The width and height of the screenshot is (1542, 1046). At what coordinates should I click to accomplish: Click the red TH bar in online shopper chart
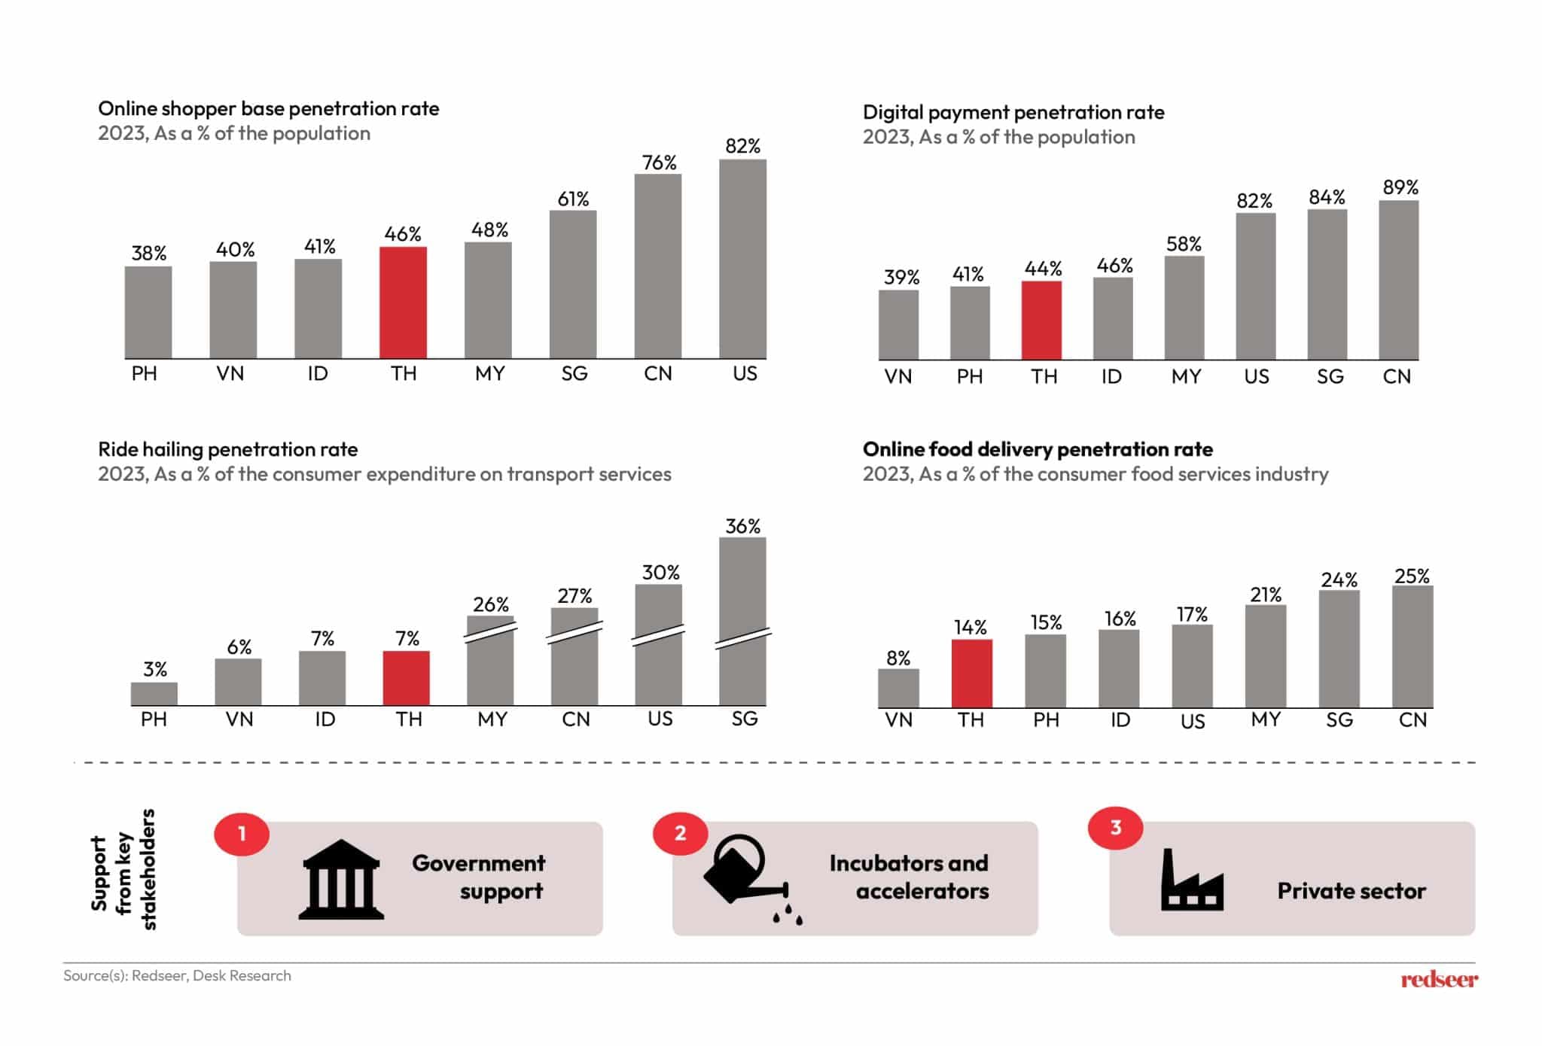coord(403,303)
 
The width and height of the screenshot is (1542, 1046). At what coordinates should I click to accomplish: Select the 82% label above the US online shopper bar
coord(742,146)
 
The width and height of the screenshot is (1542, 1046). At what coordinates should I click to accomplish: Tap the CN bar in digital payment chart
coord(1398,280)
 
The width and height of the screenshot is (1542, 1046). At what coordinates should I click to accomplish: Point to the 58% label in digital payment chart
coord(1184,244)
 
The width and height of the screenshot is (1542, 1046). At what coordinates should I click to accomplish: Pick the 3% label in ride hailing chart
coord(155,669)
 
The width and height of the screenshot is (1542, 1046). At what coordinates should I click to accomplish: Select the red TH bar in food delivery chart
coord(971,674)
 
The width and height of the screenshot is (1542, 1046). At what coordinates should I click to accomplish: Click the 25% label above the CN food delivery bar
coord(1411,576)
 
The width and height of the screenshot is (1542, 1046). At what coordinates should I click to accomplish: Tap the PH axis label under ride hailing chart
coord(154,719)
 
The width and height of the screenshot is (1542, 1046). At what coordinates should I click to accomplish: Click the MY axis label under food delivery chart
coord(1266,719)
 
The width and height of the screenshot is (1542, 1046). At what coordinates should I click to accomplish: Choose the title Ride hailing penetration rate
coord(227,449)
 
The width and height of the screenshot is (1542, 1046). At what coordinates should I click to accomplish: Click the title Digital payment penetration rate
coord(1013,112)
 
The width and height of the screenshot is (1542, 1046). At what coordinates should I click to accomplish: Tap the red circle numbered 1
coord(242,834)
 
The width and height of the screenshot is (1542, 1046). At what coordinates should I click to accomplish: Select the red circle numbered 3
coord(1115,828)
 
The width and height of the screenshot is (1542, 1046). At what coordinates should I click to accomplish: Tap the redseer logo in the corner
coord(1438,979)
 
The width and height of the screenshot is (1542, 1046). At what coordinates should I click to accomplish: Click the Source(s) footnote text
coord(177,975)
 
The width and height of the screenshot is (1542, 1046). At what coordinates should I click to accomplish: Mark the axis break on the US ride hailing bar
coord(658,634)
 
